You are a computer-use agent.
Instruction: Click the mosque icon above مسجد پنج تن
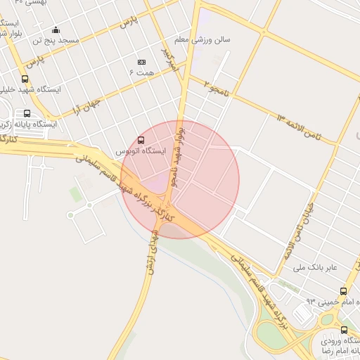coord(56,30)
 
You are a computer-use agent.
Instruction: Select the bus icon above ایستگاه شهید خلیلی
coord(25,79)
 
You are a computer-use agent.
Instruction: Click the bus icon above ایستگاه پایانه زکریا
coord(27,113)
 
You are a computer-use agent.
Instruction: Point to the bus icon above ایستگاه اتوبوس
coord(142,140)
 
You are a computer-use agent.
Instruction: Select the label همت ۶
coord(141,72)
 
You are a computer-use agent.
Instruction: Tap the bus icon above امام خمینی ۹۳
coord(343,291)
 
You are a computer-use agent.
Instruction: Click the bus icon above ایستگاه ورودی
coord(344,330)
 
